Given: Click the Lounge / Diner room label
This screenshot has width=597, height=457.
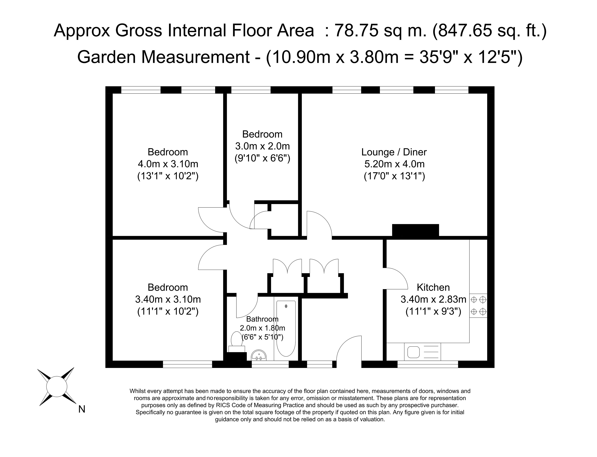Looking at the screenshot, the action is click(394, 152).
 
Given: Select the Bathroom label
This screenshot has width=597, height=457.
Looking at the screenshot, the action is click(262, 319).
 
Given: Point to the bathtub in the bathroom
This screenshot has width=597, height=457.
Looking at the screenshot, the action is click(286, 329).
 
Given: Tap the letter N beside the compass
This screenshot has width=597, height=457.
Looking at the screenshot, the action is click(82, 409).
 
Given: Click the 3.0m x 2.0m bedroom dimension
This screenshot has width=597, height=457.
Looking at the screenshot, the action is click(262, 146).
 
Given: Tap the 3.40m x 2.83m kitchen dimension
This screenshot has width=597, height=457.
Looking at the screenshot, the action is click(433, 299).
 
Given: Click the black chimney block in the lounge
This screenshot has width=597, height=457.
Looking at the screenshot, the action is click(415, 230).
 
